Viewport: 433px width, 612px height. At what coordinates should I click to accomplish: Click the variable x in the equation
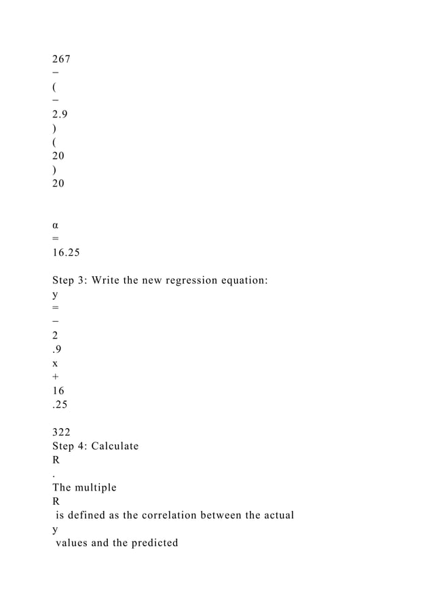point(55,363)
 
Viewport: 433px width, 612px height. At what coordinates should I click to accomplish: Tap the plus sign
point(56,377)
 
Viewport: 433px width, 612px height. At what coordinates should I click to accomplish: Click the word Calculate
point(116,446)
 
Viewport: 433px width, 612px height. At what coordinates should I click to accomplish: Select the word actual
point(276,515)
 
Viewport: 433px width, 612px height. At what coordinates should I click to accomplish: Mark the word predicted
point(153,543)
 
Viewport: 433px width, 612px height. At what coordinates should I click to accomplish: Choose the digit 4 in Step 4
point(83,446)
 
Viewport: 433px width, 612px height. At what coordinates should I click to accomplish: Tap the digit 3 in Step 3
point(83,280)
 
